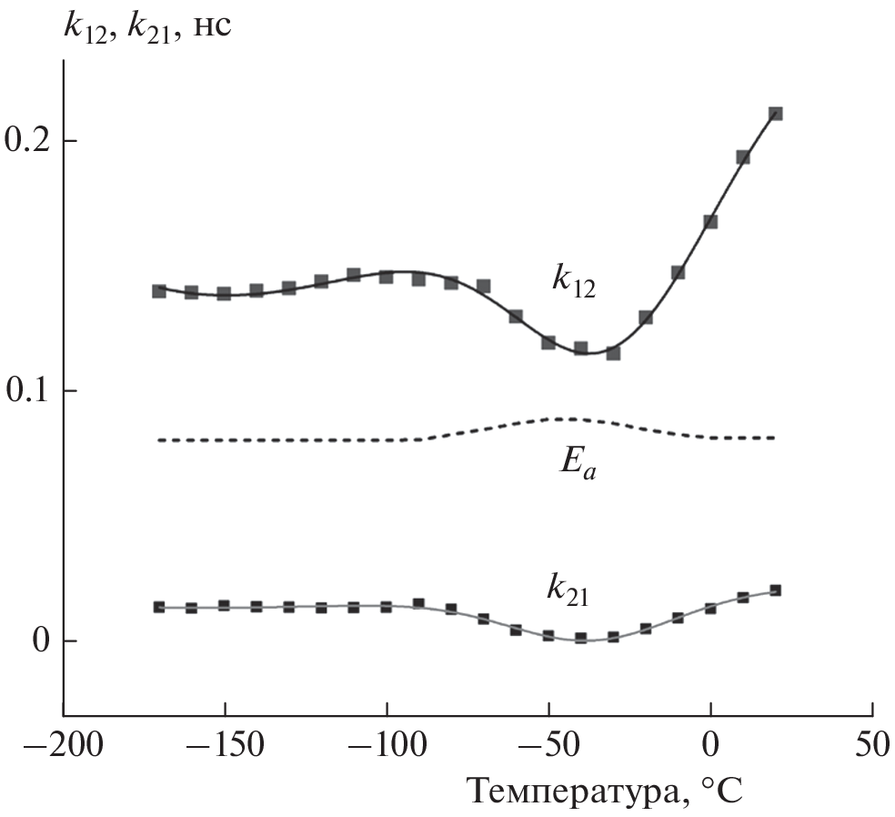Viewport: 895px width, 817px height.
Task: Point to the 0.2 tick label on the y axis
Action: (29, 141)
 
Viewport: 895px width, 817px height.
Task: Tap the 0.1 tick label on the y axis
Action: (29, 391)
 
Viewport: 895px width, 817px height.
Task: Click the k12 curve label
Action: (572, 277)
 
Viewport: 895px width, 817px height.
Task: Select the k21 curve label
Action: (568, 591)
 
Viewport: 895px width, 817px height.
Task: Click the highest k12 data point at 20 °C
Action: (776, 114)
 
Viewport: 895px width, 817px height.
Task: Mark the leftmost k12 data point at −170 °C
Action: (159, 291)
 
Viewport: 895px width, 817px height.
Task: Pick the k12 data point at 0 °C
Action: (710, 222)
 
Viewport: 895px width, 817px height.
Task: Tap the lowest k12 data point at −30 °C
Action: (613, 353)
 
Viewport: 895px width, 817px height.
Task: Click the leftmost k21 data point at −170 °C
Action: (159, 607)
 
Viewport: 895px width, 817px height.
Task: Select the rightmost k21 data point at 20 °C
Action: (776, 590)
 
